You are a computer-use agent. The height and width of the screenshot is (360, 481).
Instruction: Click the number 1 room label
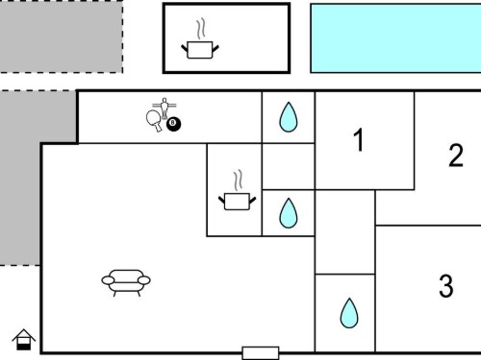click(359, 139)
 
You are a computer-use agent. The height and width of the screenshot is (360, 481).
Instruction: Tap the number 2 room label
click(456, 156)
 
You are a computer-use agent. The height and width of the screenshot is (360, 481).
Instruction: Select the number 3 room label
click(446, 286)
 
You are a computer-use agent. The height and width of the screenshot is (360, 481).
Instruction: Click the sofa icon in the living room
click(126, 283)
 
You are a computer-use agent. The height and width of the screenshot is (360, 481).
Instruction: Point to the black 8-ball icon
click(173, 124)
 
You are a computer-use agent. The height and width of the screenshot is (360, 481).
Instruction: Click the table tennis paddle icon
click(154, 120)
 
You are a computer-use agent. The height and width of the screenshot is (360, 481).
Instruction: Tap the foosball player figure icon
click(165, 108)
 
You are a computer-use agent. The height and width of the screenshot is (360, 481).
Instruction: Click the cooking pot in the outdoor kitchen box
click(200, 50)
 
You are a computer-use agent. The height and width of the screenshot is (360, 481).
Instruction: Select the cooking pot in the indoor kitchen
click(238, 202)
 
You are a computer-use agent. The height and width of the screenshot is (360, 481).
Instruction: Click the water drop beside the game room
click(289, 117)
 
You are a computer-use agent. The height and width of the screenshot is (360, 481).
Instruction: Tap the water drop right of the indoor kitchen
click(289, 213)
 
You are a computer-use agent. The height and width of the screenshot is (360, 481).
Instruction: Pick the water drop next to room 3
click(349, 313)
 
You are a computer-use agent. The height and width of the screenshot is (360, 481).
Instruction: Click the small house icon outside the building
click(24, 340)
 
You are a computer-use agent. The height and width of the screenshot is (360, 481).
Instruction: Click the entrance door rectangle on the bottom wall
click(261, 353)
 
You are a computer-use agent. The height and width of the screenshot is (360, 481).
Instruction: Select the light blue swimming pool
click(395, 38)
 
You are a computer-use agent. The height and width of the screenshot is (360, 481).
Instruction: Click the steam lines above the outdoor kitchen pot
click(201, 29)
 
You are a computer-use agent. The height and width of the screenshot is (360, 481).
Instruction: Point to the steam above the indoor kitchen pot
click(238, 180)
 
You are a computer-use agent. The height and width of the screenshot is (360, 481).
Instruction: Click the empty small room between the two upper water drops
click(289, 166)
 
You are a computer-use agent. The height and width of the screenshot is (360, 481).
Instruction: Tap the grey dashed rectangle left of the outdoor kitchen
click(62, 36)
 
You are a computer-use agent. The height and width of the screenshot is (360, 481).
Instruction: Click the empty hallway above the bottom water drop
click(345, 232)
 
